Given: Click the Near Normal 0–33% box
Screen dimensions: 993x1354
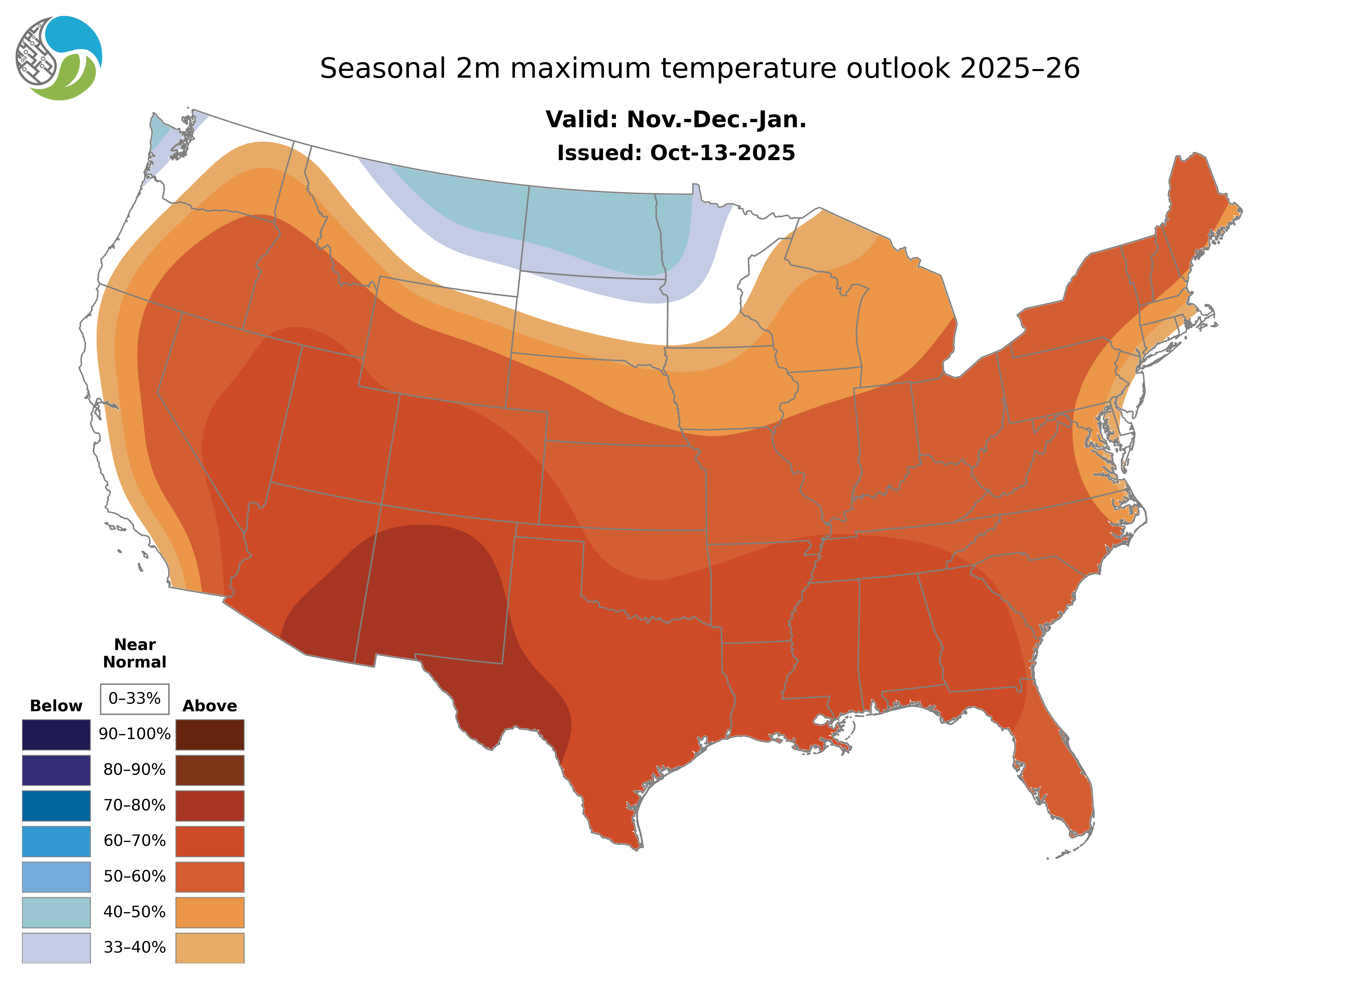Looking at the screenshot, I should [135, 699].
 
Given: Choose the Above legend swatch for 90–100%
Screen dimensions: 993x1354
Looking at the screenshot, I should [210, 735].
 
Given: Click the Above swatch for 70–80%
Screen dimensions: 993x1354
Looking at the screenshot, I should [210, 806].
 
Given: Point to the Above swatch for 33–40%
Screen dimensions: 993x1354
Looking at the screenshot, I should [210, 947].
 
